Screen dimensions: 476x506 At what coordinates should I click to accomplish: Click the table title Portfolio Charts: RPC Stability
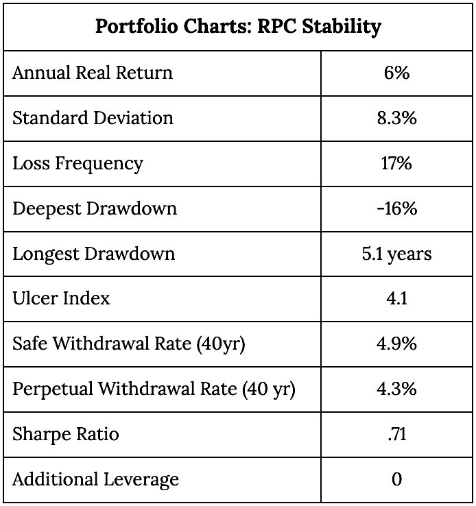coord(238,27)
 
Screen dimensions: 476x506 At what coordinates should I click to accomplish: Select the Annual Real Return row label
coord(93,73)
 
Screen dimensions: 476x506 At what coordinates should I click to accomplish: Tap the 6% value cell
coord(396,73)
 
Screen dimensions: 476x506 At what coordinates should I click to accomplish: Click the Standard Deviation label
coord(93,118)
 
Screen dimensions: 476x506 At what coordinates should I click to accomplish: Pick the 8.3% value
coord(396,118)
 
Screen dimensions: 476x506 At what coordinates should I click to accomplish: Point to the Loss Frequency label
coord(78,164)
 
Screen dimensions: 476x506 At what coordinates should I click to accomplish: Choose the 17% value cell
coord(396,163)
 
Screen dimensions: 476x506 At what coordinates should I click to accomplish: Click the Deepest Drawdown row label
coord(95,209)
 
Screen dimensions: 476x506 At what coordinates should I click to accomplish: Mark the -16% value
coord(396,208)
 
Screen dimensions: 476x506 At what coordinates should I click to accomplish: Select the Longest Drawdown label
coord(93,254)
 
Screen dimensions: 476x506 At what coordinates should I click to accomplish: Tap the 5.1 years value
coord(396,254)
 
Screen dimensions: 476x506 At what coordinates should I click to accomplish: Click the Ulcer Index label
coord(61,298)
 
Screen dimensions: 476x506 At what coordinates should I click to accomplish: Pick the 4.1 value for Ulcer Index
coord(396,298)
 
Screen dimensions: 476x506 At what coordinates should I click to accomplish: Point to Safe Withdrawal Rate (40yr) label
coord(129,344)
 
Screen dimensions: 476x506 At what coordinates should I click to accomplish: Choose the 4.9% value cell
coord(396,344)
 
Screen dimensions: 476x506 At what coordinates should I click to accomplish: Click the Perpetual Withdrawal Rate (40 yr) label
coord(154,389)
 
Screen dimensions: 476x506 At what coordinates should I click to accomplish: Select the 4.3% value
coord(396,389)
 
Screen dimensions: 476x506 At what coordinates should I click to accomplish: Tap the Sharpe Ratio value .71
coord(396,435)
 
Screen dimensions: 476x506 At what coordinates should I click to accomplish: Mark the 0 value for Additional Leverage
coord(397,479)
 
